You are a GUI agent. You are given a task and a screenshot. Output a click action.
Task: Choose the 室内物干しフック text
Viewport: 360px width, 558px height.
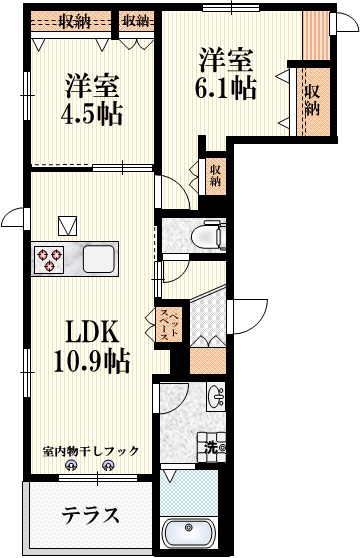[91, 450]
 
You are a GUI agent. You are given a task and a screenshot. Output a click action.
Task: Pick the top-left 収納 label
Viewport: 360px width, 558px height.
[72, 19]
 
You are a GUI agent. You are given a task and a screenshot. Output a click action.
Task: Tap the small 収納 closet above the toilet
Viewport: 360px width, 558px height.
[215, 177]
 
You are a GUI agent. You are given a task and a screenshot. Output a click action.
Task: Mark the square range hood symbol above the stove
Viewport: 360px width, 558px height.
[68, 225]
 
